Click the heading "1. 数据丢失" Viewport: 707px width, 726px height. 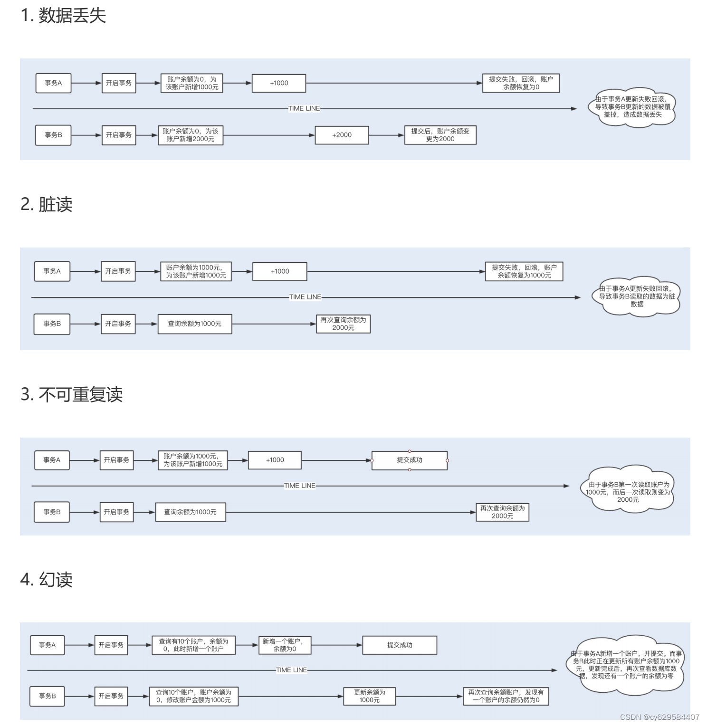(x=63, y=16)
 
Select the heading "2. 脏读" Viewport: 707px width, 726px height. (x=47, y=204)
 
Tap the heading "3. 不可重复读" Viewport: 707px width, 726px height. (x=72, y=394)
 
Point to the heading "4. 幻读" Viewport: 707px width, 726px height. (x=47, y=579)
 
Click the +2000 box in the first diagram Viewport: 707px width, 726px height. (x=342, y=135)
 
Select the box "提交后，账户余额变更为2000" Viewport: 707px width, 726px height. (x=440, y=135)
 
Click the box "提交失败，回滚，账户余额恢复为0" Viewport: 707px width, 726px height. (x=521, y=83)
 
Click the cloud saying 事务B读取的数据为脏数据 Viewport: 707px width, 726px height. (x=637, y=296)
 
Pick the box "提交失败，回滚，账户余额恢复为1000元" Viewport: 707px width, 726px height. (x=524, y=271)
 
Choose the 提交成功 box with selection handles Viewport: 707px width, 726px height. (x=410, y=460)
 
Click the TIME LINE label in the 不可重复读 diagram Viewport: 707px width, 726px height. (x=299, y=486)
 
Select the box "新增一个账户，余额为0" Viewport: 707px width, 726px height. (x=284, y=645)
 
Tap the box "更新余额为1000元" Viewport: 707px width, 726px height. (x=369, y=696)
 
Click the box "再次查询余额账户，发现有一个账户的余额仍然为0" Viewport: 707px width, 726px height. (x=506, y=696)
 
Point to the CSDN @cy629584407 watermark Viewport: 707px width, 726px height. (x=659, y=717)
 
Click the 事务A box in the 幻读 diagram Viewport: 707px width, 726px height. (x=47, y=645)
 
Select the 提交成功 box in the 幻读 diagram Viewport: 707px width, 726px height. (x=400, y=645)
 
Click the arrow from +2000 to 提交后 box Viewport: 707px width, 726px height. (x=386, y=135)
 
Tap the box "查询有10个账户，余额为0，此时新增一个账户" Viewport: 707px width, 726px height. (x=193, y=645)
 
